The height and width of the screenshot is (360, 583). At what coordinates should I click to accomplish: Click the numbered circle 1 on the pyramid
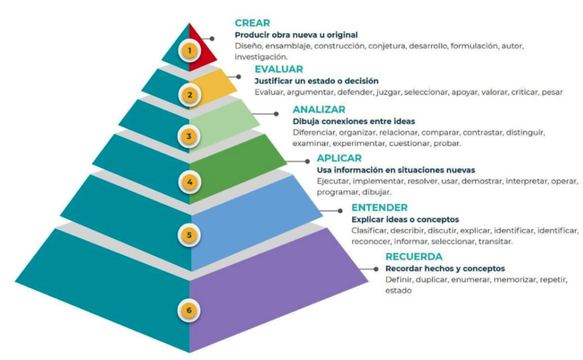pos(190,50)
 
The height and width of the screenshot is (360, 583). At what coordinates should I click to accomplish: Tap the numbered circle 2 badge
pos(190,95)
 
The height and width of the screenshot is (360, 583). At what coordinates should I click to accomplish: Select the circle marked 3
pos(189,137)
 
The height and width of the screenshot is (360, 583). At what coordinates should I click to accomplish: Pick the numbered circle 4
pos(190,182)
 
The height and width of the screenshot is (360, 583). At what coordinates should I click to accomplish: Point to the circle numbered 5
pos(189,235)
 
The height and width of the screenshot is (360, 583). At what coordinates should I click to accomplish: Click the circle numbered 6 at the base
pos(189,310)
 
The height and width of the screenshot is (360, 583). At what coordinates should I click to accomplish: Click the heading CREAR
pos(253,23)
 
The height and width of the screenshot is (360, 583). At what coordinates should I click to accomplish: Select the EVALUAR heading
pos(279,69)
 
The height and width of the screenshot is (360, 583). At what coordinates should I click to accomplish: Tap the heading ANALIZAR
pos(319,109)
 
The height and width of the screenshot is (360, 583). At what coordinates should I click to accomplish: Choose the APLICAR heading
pos(339,158)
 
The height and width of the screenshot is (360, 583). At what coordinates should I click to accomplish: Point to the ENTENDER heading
pos(380,207)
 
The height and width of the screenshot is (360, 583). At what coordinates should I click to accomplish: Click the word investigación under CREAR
pos(261,57)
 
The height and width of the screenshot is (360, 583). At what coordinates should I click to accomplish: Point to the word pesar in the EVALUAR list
pos(552,92)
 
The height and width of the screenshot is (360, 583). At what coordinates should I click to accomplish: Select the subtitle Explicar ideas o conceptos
pos(405,219)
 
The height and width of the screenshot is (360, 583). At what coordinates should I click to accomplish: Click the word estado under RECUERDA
pos(399,290)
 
